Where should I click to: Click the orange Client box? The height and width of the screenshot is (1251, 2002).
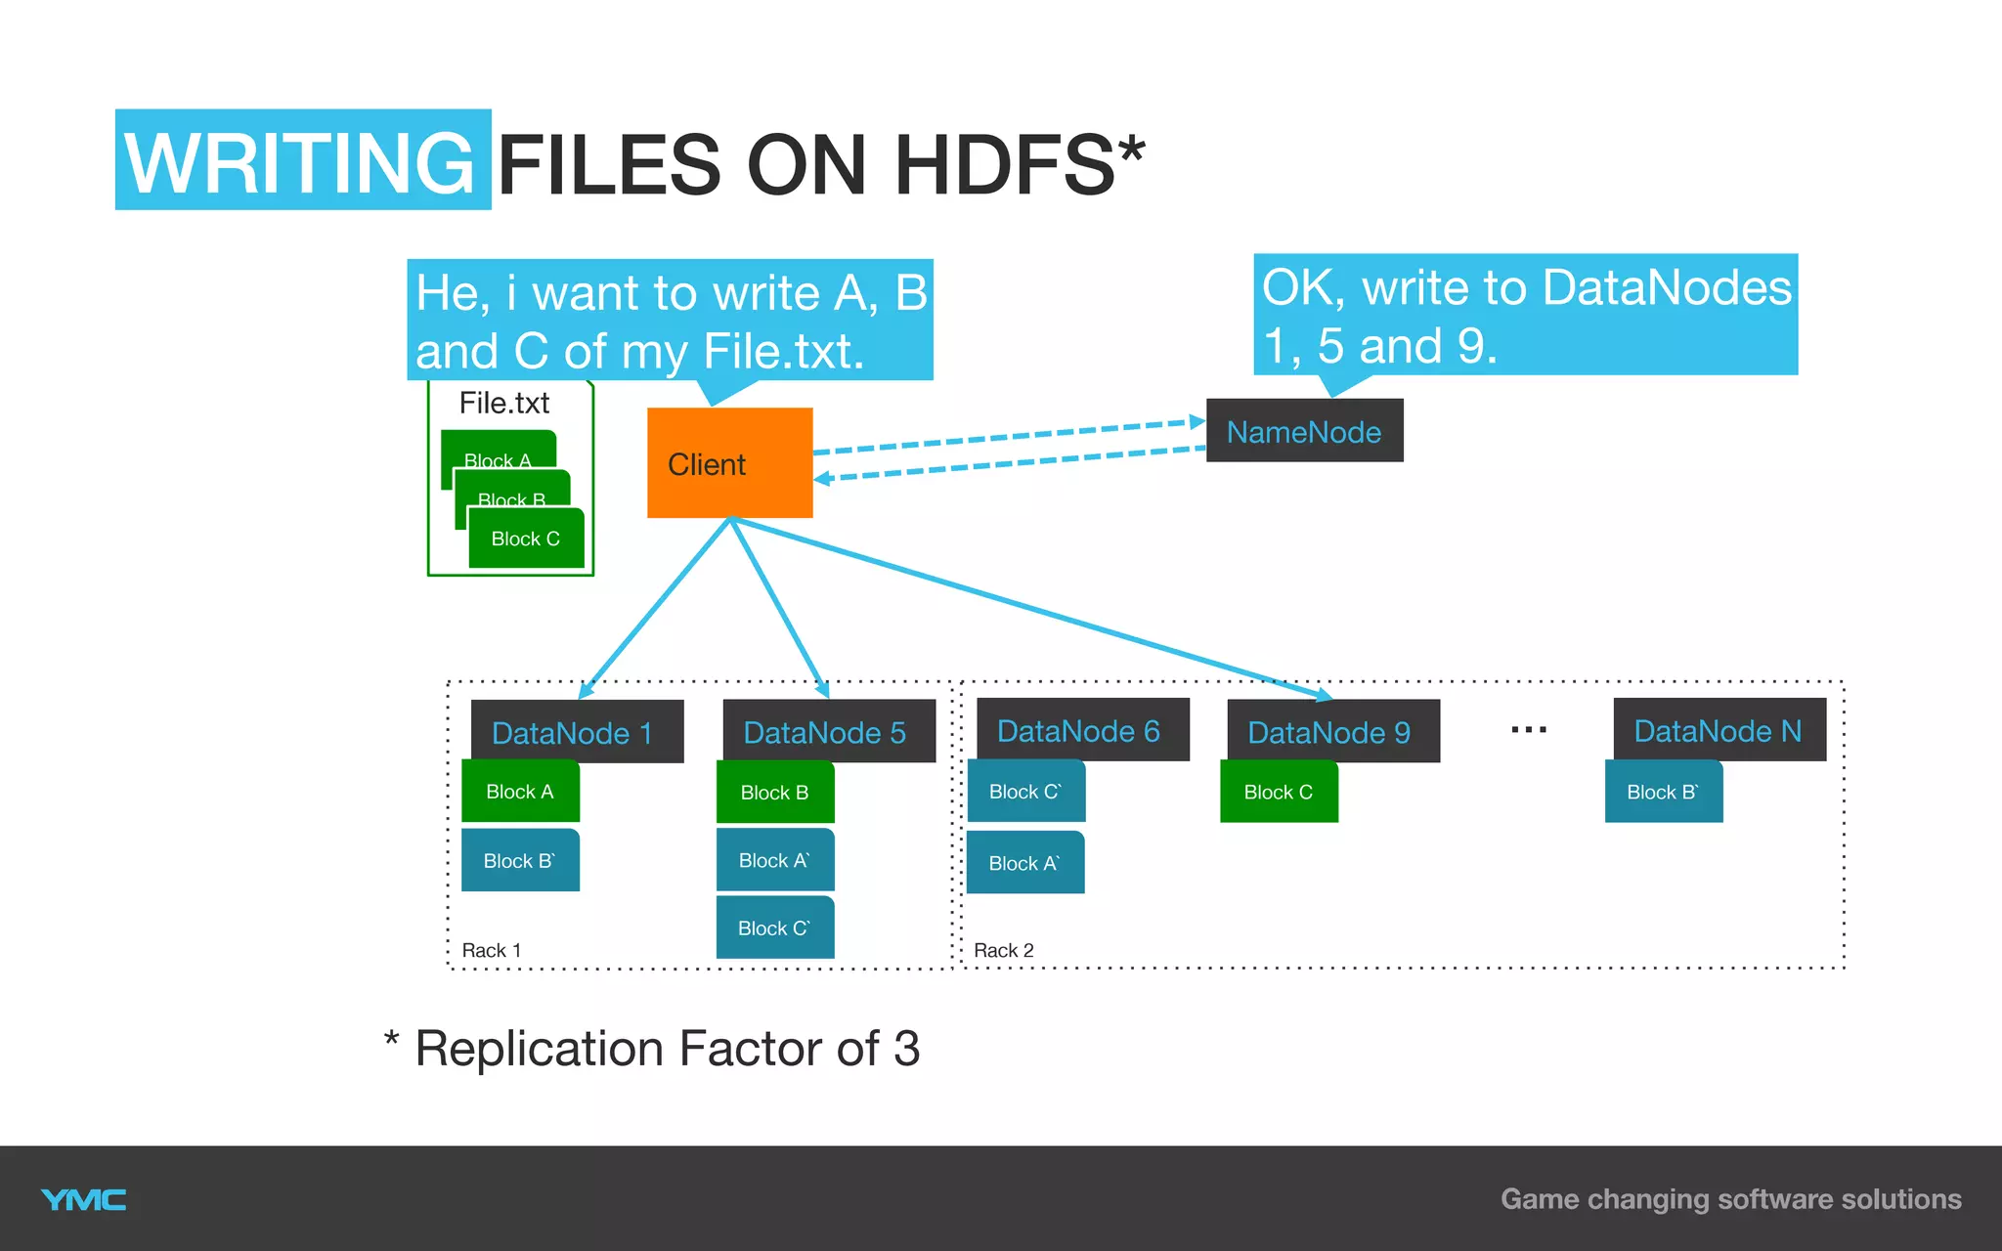(729, 462)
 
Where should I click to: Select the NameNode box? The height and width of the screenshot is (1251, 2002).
(1304, 431)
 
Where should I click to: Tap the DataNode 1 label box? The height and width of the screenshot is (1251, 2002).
(577, 732)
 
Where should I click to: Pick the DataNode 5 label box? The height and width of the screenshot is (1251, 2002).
(828, 732)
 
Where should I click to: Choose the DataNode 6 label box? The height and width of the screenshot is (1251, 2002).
(1082, 730)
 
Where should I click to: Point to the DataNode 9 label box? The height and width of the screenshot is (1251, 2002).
(1332, 732)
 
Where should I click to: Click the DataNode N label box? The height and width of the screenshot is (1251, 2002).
(1719, 730)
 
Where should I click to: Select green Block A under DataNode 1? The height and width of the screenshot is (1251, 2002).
(520, 792)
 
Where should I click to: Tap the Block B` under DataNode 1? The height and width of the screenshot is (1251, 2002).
(520, 861)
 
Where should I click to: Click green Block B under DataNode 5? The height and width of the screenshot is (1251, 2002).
(775, 793)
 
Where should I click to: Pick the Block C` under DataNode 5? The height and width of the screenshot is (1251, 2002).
(775, 928)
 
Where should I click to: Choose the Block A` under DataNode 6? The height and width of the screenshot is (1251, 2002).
(1025, 863)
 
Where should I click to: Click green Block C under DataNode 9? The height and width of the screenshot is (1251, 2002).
(1279, 793)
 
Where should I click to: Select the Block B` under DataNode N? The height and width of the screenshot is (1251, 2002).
(1664, 793)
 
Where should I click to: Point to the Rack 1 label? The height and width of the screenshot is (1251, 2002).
(492, 950)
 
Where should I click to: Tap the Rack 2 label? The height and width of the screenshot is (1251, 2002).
(1004, 950)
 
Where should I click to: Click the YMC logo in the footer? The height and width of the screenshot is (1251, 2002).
(84, 1200)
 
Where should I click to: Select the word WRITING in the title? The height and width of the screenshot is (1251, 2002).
(302, 161)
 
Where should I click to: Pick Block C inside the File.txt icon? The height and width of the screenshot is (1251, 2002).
(526, 539)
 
